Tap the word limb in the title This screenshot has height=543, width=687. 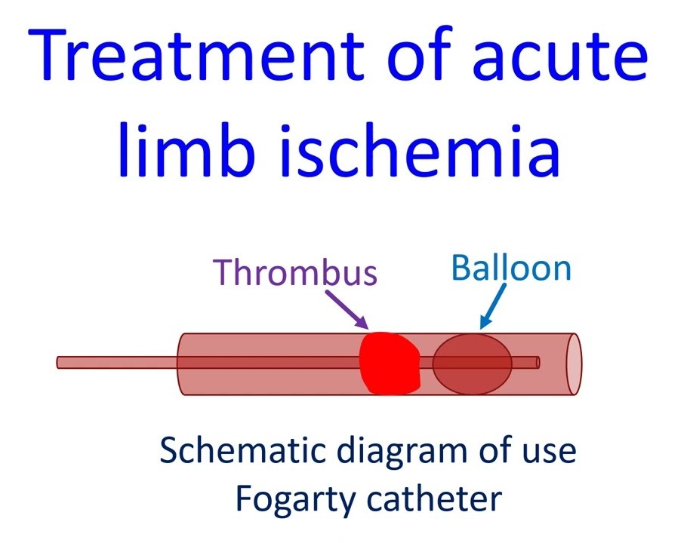pos(186,149)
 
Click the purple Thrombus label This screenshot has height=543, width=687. pos(295,271)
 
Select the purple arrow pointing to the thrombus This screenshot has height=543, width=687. pos(347,309)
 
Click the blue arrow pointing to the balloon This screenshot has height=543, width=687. pos(493,306)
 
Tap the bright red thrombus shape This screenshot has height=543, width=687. pos(390,363)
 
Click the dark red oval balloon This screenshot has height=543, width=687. pos(473,364)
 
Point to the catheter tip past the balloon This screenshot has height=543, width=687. pos(538,363)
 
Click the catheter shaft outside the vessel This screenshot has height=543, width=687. pos(118,363)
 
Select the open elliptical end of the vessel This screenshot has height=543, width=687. pos(574,364)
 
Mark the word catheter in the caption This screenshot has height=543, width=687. pos(434,499)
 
